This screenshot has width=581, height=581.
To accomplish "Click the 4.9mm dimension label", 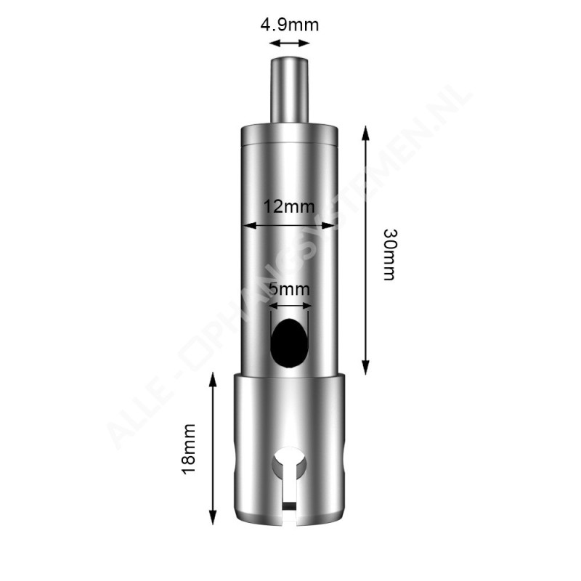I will [289, 25].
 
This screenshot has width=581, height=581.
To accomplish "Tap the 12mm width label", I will [289, 207].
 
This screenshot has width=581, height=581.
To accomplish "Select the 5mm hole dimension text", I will [289, 289].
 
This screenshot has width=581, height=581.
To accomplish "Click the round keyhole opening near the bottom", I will [289, 462].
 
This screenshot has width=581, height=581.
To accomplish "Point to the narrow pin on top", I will [289, 91].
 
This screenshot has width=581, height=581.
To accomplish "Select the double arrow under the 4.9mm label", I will [289, 44].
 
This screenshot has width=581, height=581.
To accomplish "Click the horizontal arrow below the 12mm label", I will [289, 226].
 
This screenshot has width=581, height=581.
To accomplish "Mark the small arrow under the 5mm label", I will [289, 306].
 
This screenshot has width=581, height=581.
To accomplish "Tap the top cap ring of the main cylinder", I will [289, 137].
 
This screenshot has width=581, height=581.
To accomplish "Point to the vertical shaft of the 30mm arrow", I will [365, 247].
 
